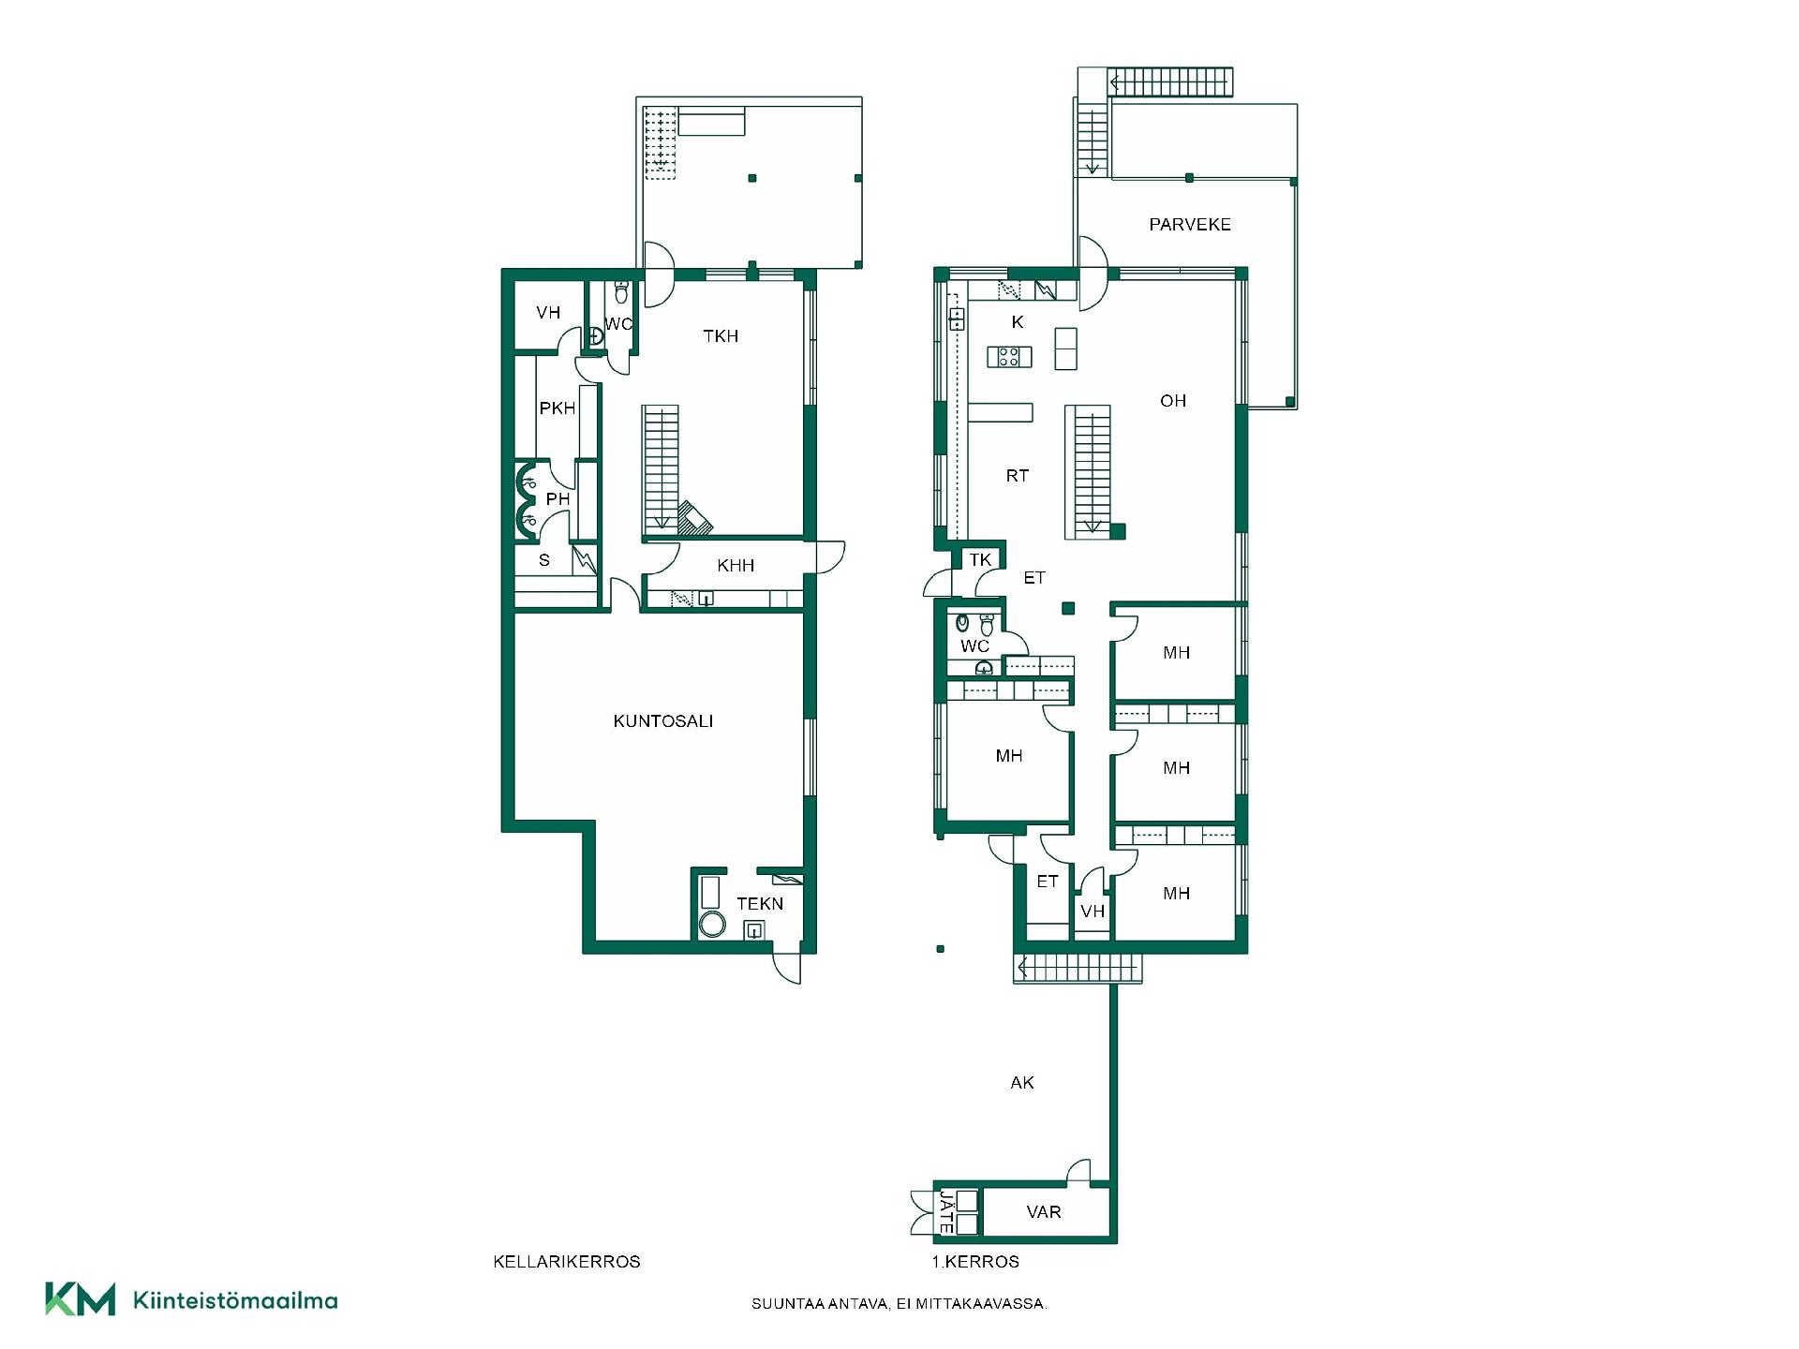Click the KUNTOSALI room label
click(663, 721)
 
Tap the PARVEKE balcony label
click(1190, 225)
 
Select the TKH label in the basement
click(721, 336)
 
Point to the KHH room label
click(736, 566)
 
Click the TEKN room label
click(760, 904)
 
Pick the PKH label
click(558, 408)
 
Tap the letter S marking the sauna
click(544, 561)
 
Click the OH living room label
click(1173, 401)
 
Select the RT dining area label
click(1018, 476)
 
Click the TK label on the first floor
click(980, 560)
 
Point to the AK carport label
click(1022, 1083)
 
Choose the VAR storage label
click(1044, 1212)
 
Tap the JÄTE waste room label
click(946, 1211)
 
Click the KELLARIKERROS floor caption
click(567, 1262)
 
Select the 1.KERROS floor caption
click(975, 1262)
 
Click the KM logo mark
click(81, 1298)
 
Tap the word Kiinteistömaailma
click(235, 1300)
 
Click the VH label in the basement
click(548, 313)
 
